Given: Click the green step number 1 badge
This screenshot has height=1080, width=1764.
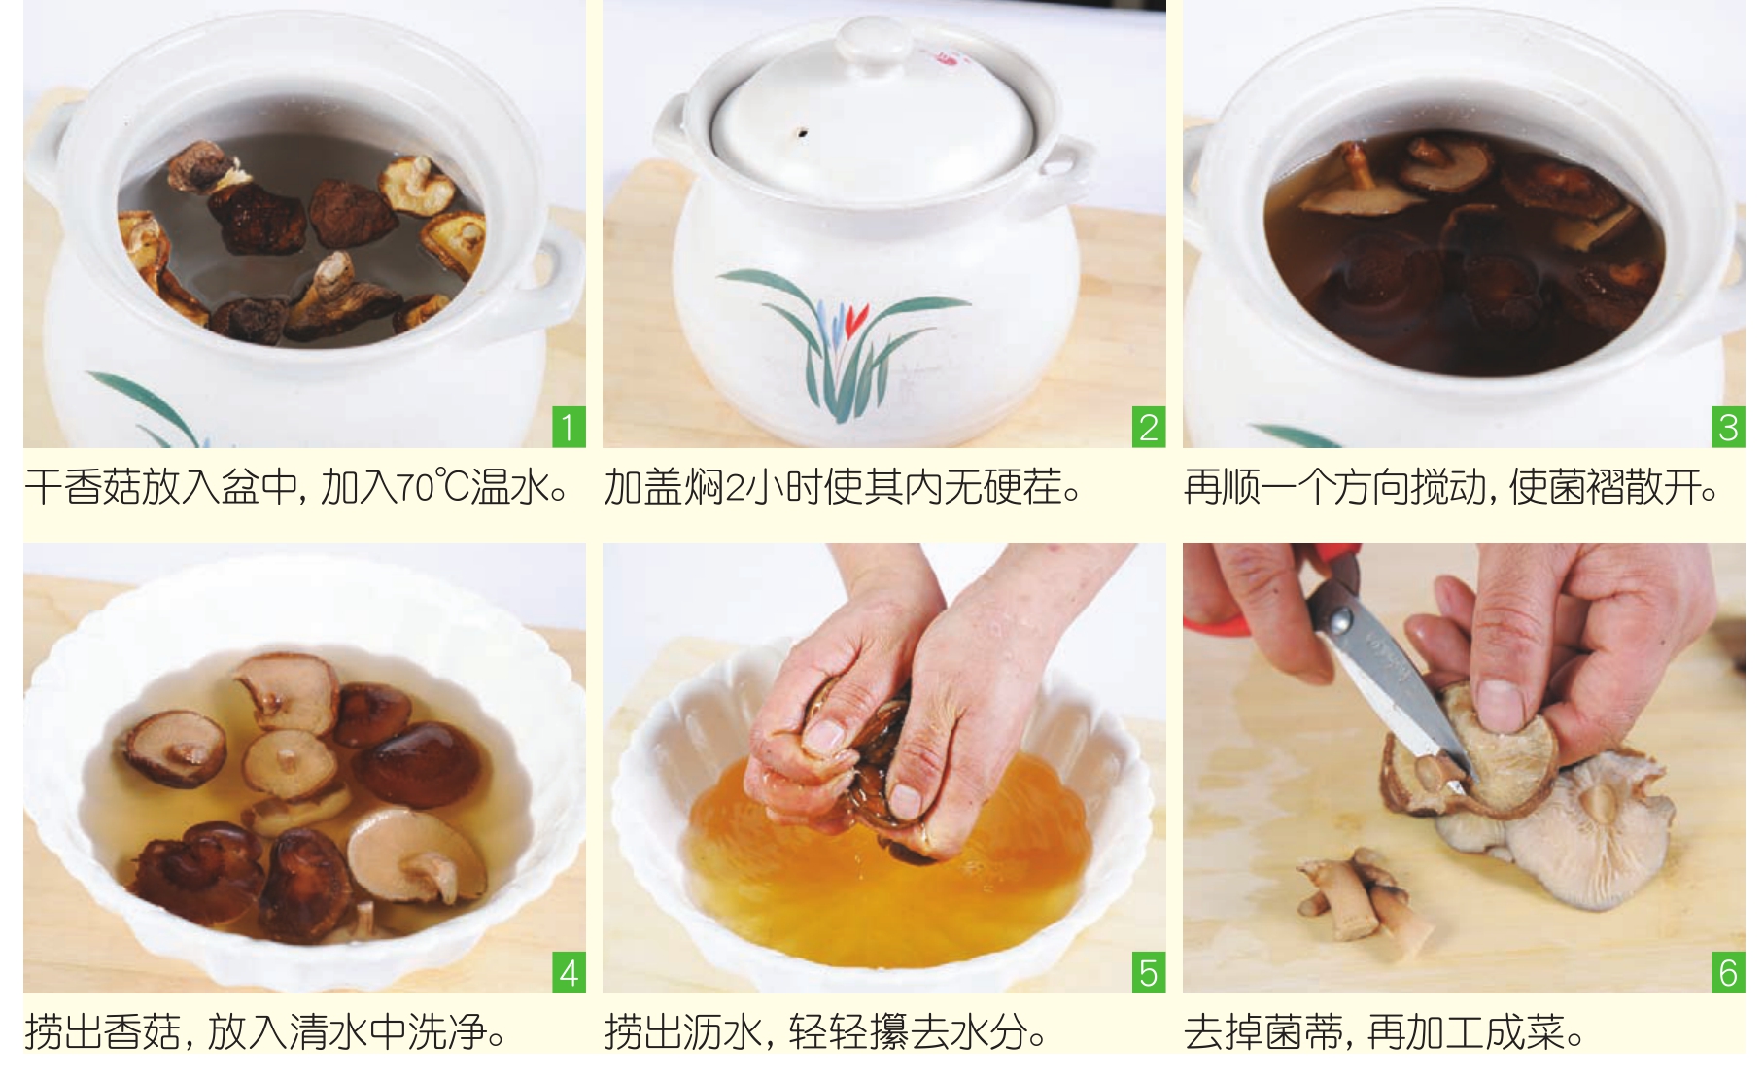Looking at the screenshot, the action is [569, 428].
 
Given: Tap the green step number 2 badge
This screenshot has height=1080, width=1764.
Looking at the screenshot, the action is [1148, 428].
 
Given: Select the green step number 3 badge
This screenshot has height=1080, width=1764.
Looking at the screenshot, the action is [1728, 428].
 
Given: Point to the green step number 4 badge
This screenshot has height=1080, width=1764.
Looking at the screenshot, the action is [569, 973].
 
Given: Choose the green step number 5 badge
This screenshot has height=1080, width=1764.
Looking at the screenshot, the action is [1148, 973].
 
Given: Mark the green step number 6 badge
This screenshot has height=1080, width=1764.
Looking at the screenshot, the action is [1728, 973].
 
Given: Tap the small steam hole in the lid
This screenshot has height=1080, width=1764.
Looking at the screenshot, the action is [803, 131].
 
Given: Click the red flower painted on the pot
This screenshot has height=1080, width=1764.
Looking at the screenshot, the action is [855, 317].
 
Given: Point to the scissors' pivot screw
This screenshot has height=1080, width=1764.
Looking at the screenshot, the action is [1341, 619].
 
